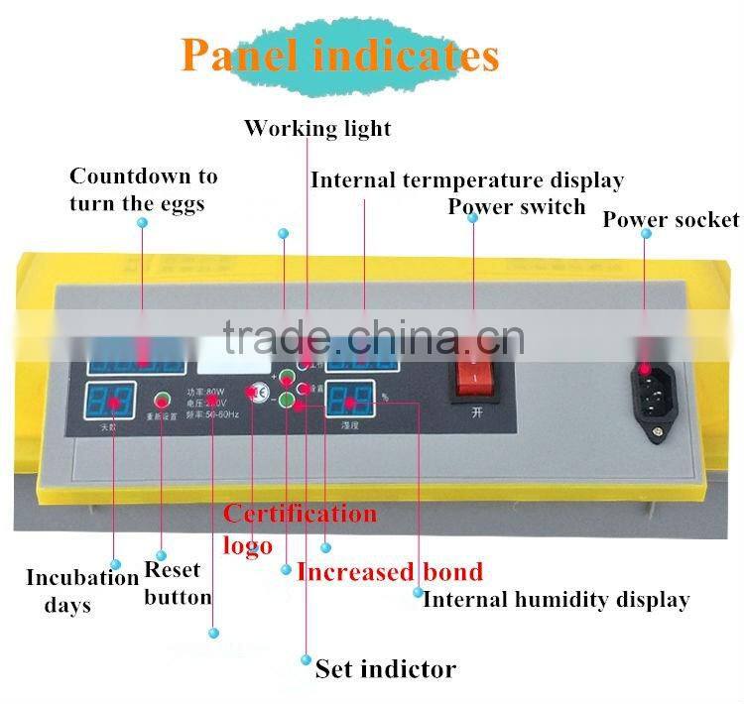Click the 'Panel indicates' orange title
click(339, 55)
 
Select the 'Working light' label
click(317, 129)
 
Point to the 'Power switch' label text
click(516, 207)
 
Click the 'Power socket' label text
click(671, 219)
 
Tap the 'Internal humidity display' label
click(556, 599)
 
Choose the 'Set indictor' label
click(386, 668)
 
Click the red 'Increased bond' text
click(390, 571)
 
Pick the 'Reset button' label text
click(178, 583)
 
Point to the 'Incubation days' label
click(81, 591)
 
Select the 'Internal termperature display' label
click(466, 180)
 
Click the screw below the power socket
click(654, 430)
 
